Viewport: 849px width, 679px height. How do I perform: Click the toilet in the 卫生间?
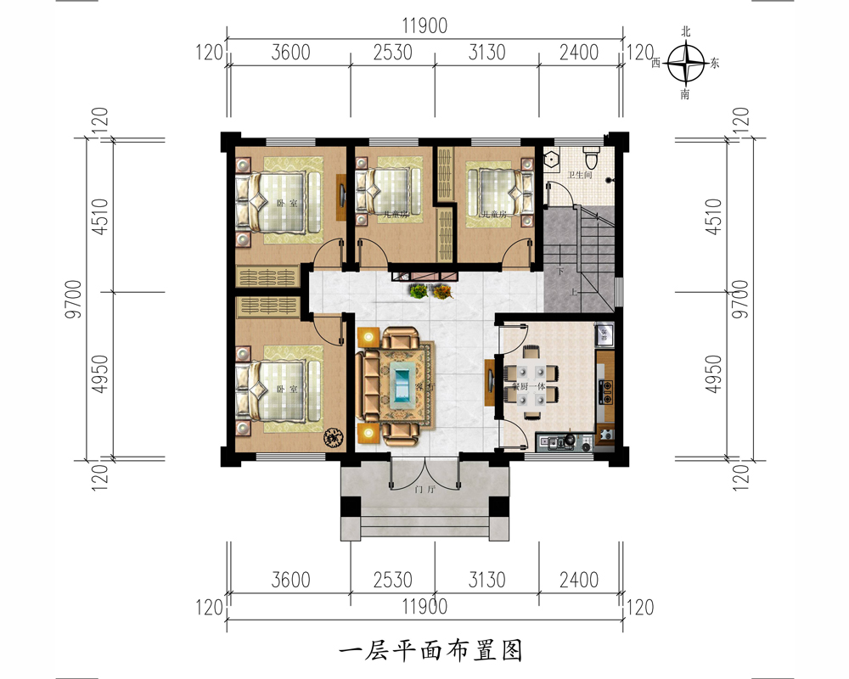click(x=593, y=157)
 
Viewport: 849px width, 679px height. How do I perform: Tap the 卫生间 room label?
click(x=580, y=176)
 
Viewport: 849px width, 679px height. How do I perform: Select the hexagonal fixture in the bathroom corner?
click(x=552, y=157)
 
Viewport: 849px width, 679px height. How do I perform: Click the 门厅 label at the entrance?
click(x=423, y=490)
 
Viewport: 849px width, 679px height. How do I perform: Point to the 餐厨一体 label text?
click(x=527, y=384)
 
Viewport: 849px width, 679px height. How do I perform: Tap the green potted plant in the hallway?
click(x=418, y=291)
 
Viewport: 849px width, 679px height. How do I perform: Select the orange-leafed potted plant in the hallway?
click(x=441, y=291)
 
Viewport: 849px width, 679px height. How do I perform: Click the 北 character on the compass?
click(x=686, y=32)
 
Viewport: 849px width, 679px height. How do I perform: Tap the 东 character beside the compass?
click(x=714, y=64)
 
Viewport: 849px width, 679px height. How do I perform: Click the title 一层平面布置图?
click(x=429, y=650)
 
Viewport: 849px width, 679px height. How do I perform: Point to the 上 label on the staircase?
click(x=575, y=293)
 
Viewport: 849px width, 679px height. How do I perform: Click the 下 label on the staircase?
click(x=560, y=272)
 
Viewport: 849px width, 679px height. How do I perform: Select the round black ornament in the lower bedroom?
click(x=332, y=437)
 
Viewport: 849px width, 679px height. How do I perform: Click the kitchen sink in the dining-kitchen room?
click(x=604, y=333)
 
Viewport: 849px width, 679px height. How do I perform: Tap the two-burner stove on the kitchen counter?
click(x=606, y=390)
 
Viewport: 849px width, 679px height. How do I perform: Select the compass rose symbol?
click(x=686, y=63)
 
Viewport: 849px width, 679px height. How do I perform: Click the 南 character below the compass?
click(x=686, y=94)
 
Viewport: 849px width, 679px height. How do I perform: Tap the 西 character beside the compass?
click(x=656, y=64)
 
